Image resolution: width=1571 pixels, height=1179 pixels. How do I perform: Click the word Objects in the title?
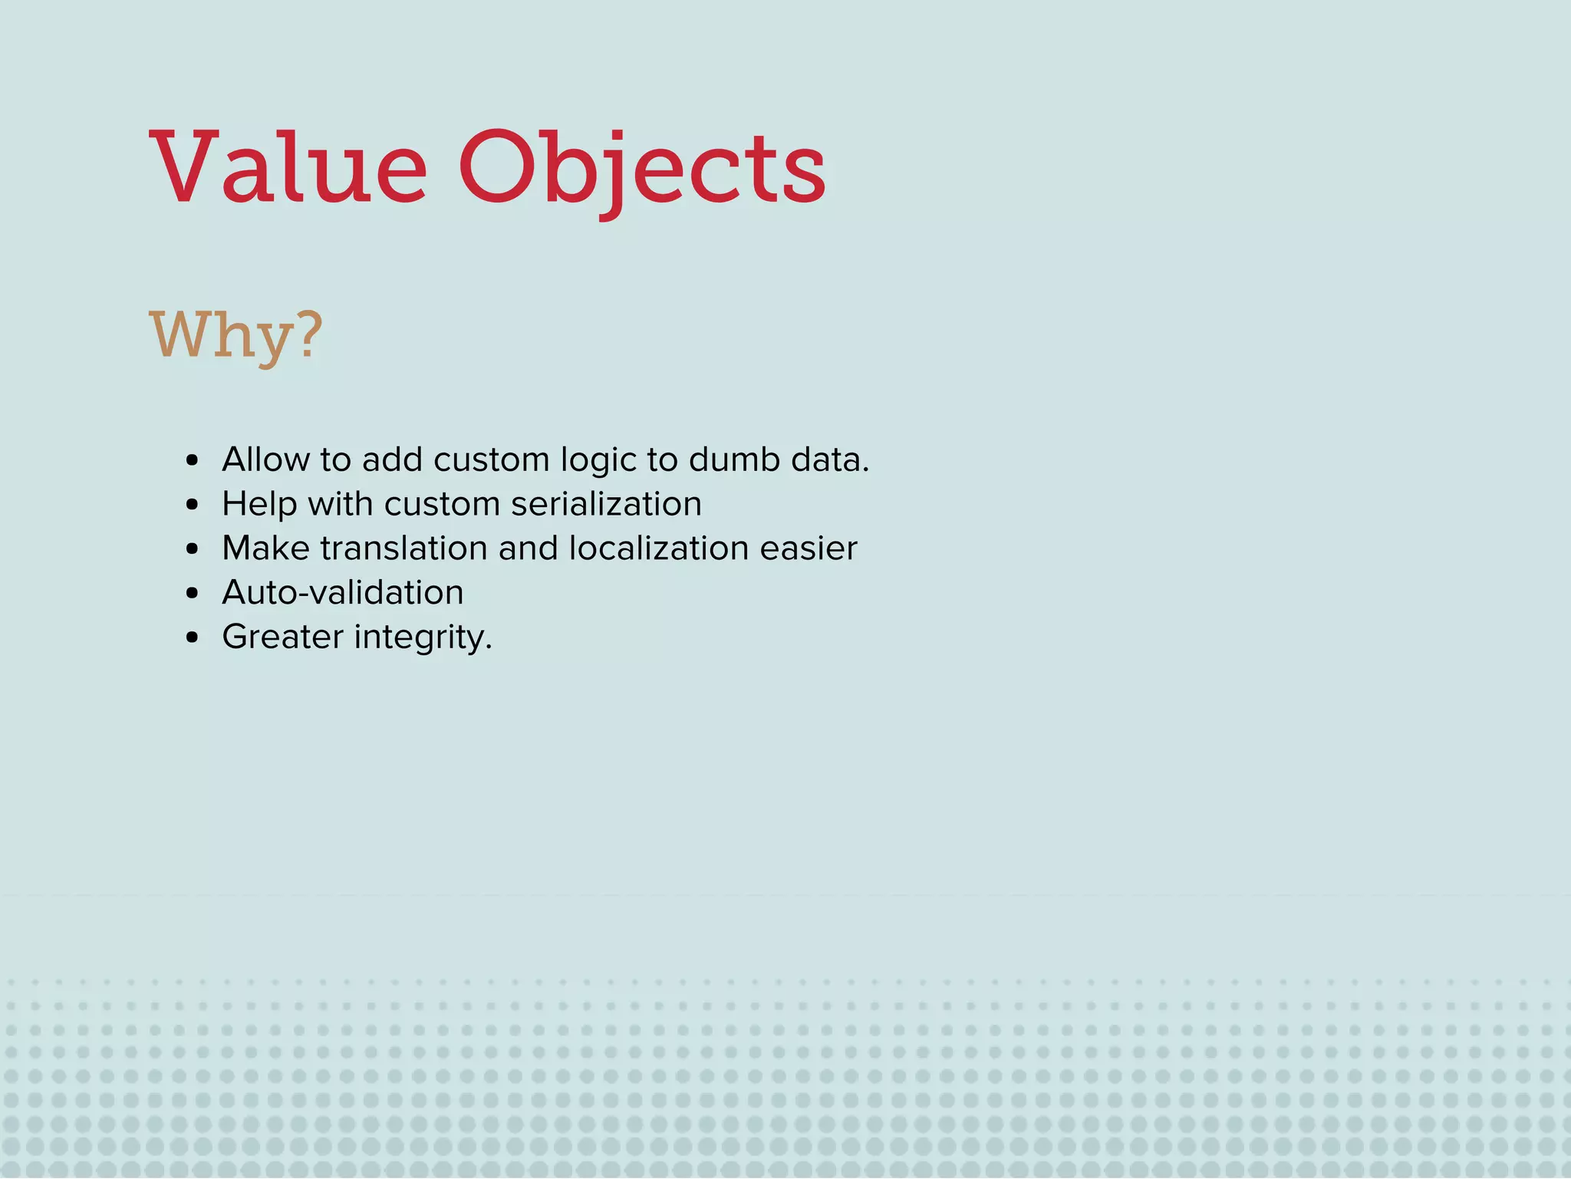[643, 170]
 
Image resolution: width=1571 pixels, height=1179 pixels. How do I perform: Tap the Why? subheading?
[236, 336]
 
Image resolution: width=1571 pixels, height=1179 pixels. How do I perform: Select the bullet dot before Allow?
[193, 461]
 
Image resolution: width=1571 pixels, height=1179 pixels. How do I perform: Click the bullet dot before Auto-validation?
[193, 594]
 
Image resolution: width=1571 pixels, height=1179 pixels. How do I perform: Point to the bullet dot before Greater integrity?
[193, 638]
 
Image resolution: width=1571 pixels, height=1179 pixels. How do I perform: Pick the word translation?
[403, 548]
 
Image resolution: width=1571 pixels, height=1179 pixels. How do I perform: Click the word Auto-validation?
[343, 593]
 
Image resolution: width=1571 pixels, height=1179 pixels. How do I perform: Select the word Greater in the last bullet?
[283, 637]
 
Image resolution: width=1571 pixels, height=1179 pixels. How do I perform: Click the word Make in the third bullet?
[265, 548]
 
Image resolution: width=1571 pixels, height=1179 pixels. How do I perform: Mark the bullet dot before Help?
[193, 506]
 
